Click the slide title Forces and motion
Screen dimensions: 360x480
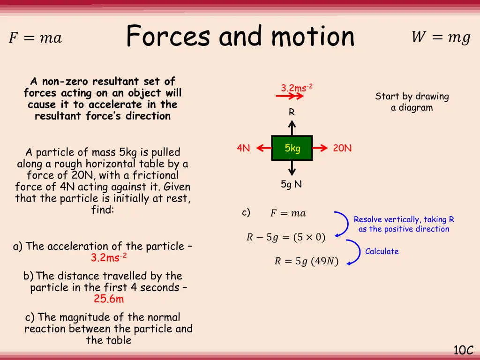coord(240,37)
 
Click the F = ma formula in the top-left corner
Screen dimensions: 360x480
coord(35,38)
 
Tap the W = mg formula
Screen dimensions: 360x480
coord(441,37)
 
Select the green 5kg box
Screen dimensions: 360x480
coord(292,148)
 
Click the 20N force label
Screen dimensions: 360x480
coord(342,148)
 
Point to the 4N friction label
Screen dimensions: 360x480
coord(243,148)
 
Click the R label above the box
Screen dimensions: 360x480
coord(292,112)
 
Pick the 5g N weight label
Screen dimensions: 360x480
coord(291,185)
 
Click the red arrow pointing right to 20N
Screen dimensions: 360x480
coord(320,148)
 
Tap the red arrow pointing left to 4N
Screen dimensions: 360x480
coord(264,148)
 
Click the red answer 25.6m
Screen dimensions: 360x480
coord(109,299)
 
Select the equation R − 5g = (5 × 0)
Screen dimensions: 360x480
coord(285,237)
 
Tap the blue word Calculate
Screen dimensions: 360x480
coord(382,251)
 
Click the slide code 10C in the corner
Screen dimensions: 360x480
coord(463,350)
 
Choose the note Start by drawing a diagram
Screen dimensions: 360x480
coord(412,102)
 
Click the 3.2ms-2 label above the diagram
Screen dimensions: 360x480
coord(296,88)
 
